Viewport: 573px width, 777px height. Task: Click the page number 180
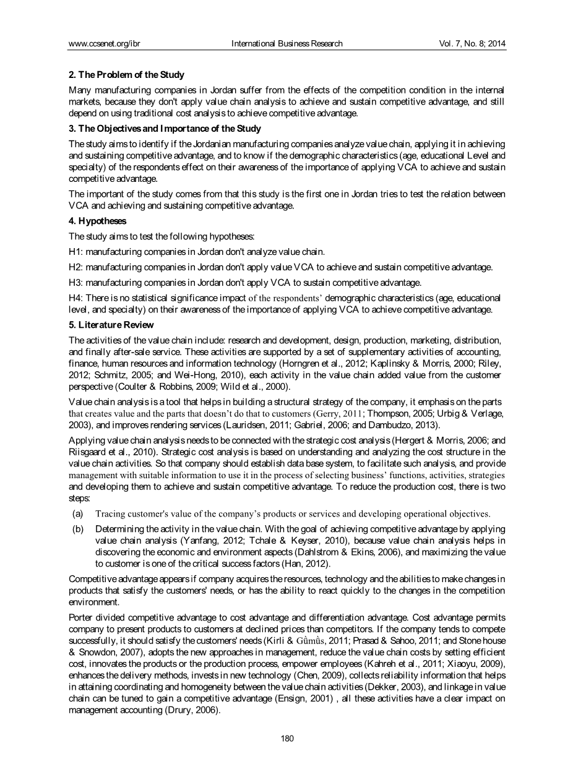[286, 738]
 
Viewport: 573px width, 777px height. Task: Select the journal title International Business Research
[286, 44]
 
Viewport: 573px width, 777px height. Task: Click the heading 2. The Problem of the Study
[126, 75]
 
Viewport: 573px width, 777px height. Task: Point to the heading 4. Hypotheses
[98, 221]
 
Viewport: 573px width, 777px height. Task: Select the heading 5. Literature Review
[111, 325]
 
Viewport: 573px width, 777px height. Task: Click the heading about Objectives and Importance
[165, 129]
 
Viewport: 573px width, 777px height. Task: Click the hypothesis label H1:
[75, 252]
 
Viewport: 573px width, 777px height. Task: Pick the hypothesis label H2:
[75, 267]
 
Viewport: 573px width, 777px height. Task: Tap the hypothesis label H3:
[75, 283]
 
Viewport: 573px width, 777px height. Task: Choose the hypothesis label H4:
[75, 298]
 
